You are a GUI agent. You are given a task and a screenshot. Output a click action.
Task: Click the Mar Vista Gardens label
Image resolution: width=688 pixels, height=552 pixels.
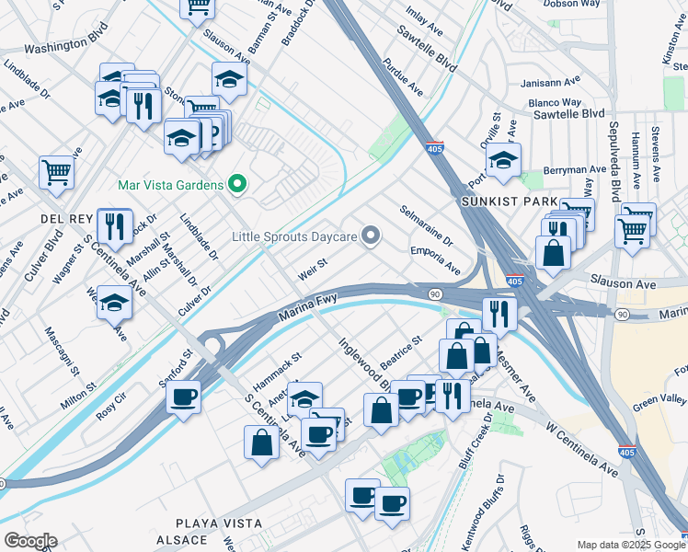coord(171,185)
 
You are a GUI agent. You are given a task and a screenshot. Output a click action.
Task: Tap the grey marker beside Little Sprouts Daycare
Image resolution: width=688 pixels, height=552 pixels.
coord(372,236)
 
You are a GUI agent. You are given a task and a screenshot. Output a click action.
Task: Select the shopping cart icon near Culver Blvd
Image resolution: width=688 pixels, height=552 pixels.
coord(57,171)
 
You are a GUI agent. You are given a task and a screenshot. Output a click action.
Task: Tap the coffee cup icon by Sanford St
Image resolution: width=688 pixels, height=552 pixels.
coord(184,397)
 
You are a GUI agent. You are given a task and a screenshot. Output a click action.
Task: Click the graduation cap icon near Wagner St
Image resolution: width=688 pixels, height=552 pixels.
coord(115,301)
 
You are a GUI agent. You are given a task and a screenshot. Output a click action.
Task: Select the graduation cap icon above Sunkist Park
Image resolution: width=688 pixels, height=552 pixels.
coord(503,159)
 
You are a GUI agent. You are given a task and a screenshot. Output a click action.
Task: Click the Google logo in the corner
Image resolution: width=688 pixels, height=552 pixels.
coord(30,541)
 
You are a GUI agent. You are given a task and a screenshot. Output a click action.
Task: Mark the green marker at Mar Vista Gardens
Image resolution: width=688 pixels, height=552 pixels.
coord(237,185)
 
